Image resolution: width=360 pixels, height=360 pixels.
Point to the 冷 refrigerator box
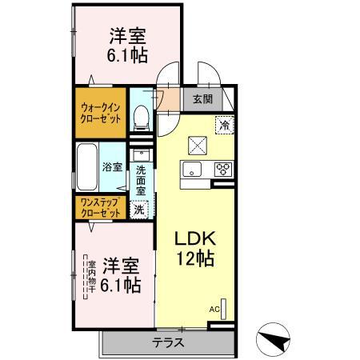pyautogui.click(x=225, y=124)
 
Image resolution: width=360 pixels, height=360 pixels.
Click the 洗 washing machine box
pyautogui.click(x=139, y=210)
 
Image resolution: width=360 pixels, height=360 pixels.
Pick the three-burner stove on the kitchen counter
pyautogui.click(x=222, y=169)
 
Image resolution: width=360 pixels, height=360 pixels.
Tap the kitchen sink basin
pyautogui.click(x=192, y=168)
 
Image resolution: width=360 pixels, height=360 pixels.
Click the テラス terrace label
pyautogui.click(x=168, y=342)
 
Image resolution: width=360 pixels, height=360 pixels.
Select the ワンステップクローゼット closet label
pyautogui.click(x=100, y=209)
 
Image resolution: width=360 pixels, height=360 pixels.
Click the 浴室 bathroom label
pyautogui.click(x=112, y=167)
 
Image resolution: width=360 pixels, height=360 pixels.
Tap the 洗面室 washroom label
pyautogui.click(x=141, y=180)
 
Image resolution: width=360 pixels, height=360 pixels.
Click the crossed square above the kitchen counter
pyautogui.click(x=196, y=144)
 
